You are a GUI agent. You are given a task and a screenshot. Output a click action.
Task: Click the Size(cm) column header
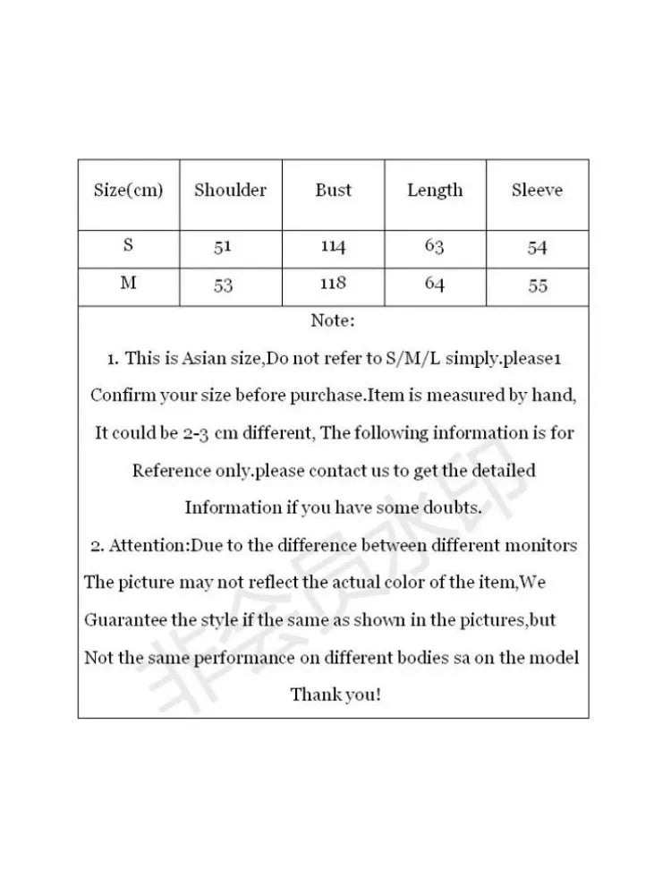129,191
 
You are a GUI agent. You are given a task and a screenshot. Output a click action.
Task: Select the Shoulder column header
231,190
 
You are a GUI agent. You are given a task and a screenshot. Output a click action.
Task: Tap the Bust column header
333,190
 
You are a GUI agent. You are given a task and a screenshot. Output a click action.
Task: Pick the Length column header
435,190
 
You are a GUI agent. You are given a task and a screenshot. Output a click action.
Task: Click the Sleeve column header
537,190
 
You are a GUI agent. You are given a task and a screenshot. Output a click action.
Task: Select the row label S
129,246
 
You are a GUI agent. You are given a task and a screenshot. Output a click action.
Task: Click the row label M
129,284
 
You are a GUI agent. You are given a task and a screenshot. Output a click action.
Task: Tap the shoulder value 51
223,248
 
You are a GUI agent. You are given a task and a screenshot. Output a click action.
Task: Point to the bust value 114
333,247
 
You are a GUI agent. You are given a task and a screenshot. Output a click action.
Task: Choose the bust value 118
333,284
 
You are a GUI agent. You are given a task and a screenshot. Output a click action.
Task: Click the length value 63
435,247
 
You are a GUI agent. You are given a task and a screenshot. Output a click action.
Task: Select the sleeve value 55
538,286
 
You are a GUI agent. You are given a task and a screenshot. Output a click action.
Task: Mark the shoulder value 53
223,286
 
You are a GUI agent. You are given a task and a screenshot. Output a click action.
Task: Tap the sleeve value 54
537,248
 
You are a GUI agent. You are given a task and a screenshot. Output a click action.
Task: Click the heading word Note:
333,320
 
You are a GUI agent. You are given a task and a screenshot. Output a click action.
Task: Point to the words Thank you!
335,695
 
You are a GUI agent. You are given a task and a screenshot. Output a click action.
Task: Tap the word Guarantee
121,620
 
